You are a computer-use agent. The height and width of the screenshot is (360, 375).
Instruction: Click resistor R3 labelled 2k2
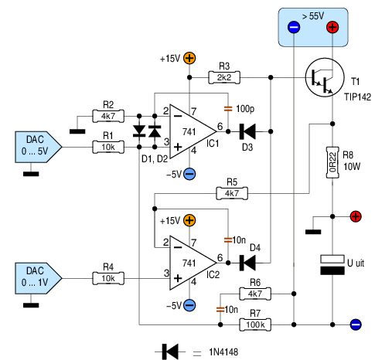click(x=224, y=77)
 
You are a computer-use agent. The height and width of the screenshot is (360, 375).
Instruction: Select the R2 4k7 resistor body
click(x=108, y=116)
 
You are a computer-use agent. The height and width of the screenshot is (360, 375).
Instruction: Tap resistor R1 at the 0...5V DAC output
click(x=108, y=147)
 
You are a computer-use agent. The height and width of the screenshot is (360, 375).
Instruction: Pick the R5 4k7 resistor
click(x=232, y=193)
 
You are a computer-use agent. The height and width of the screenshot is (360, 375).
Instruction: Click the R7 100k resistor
click(x=255, y=324)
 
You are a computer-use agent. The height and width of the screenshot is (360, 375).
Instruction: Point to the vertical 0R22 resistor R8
click(x=332, y=162)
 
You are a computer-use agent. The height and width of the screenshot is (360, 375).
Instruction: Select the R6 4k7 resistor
click(x=255, y=294)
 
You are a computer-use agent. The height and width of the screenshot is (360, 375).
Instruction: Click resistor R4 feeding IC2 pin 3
click(x=108, y=278)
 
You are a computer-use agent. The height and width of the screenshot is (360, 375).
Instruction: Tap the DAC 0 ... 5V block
click(x=39, y=147)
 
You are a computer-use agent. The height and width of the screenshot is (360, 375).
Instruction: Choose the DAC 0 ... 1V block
click(x=39, y=278)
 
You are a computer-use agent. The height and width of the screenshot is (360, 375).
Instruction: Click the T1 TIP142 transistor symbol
click(x=325, y=77)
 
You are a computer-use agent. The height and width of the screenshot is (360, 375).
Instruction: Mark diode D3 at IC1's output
click(x=247, y=131)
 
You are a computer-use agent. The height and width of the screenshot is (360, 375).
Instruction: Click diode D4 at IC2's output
click(x=247, y=263)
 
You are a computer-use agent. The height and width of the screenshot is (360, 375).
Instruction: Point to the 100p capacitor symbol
click(x=228, y=109)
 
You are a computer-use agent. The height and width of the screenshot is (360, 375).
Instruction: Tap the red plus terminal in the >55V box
click(x=332, y=27)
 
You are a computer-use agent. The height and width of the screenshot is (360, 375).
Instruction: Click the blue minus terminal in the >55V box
click(x=294, y=27)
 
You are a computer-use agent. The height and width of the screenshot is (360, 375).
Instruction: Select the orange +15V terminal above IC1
click(x=189, y=58)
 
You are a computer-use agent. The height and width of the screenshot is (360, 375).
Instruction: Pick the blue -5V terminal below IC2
click(x=189, y=305)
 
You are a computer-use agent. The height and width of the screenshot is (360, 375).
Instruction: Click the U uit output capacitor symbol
click(x=332, y=265)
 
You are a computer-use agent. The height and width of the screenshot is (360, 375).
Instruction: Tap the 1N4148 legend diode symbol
click(x=170, y=352)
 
